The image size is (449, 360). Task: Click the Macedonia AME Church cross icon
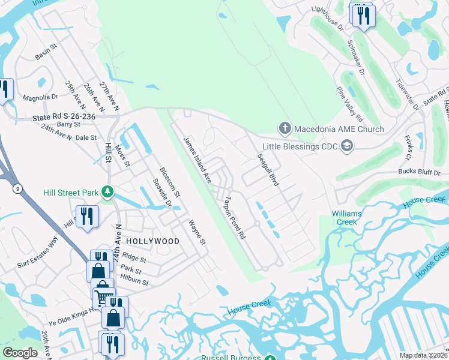(x=285, y=128)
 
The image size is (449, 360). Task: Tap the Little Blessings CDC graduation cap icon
(x=346, y=145)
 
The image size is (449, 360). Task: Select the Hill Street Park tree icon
(x=107, y=192)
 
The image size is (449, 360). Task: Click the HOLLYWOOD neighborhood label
(x=152, y=241)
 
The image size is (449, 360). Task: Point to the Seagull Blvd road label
(x=268, y=169)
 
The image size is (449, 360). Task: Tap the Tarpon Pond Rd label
(x=235, y=218)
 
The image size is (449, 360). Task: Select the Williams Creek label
(x=345, y=217)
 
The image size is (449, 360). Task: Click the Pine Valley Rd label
(x=350, y=103)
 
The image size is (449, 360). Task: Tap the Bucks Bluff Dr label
(x=419, y=172)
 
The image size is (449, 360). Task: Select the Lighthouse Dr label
(x=327, y=18)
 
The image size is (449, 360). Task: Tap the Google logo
(x=20, y=353)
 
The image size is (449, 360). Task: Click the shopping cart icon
(x=103, y=295)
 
